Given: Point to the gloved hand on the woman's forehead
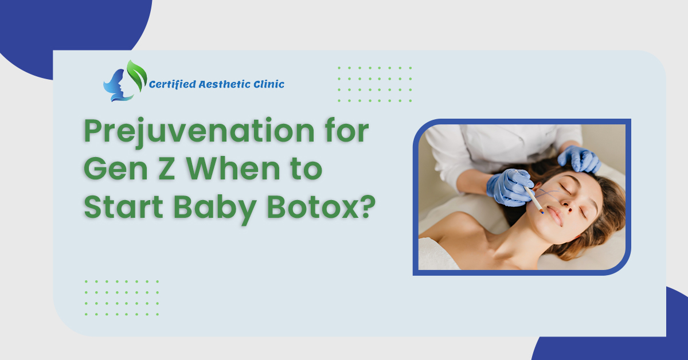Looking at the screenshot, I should click(x=579, y=158).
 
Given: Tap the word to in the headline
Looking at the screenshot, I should click(x=300, y=170).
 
